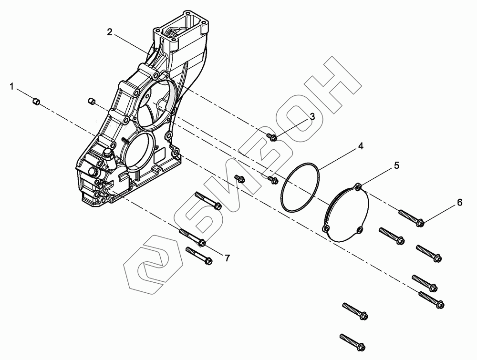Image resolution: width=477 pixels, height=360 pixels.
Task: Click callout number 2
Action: pos(110,32)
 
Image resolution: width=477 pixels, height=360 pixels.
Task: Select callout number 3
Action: pos(312,116)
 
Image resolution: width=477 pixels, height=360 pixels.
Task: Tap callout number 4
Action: pos(361,146)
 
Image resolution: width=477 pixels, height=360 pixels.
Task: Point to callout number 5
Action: pos(396,165)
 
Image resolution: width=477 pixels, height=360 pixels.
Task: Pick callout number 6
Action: pos(459,202)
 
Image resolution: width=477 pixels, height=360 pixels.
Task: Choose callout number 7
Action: pos(227,258)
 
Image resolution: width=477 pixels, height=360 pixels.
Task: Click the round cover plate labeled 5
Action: pos(346,213)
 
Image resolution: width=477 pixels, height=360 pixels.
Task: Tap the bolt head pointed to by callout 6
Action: pos(420,222)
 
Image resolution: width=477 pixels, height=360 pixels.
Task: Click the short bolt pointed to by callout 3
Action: pos(273,137)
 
